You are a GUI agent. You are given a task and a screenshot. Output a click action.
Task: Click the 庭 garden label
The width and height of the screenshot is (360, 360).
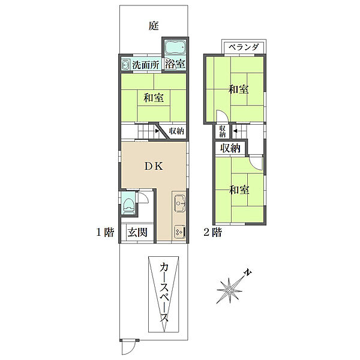(x=154, y=26)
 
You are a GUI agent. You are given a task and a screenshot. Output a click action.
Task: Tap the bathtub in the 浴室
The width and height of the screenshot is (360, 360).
(x=175, y=47)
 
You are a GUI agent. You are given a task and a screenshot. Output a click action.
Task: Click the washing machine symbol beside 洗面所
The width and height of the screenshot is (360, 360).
(x=126, y=65)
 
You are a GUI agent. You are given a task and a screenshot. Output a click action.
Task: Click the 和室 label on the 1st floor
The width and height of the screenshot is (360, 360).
(x=154, y=97)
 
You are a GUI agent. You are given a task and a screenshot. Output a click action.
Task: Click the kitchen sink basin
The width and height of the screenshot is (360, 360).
(x=179, y=204)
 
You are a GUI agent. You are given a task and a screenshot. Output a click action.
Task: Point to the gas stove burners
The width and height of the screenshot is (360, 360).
(x=179, y=230)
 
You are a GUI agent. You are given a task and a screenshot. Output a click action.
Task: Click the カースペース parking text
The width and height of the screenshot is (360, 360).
(x=164, y=294)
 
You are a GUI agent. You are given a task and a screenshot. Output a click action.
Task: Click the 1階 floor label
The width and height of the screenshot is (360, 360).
(x=105, y=233)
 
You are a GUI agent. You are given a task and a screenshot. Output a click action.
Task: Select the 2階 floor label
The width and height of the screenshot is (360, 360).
(x=212, y=233)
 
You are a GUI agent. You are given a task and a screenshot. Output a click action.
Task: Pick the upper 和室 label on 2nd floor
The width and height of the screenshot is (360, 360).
(x=238, y=89)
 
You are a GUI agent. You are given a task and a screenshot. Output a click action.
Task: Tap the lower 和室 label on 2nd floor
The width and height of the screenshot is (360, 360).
(x=238, y=190)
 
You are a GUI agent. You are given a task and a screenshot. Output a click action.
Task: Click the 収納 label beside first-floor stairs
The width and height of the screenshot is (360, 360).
(x=176, y=131)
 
